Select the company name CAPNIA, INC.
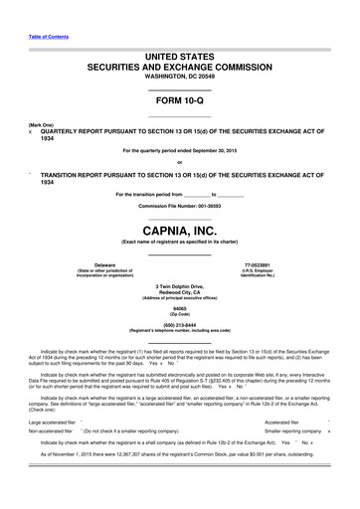[179, 231]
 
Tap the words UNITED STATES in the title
[179, 59]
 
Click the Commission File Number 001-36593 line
[179, 204]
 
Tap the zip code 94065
[179, 309]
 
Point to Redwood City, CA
[179, 293]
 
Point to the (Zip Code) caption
[179, 315]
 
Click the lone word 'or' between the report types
[179, 162]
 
